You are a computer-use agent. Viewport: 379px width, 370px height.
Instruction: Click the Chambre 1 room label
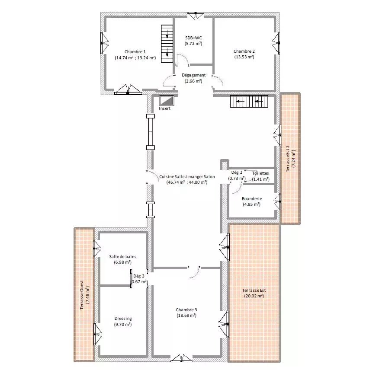click(135, 52)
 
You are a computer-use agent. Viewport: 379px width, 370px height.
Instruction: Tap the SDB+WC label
click(193, 38)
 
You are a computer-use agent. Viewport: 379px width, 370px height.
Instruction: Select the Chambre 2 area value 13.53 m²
click(244, 57)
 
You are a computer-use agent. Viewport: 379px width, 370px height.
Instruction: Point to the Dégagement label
click(193, 75)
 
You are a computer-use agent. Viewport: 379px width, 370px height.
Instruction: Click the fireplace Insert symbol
click(166, 100)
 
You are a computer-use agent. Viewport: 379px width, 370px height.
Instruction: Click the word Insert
click(164, 108)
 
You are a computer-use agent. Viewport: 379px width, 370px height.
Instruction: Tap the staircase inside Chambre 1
click(167, 44)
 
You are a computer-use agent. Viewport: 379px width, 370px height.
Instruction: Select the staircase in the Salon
click(249, 102)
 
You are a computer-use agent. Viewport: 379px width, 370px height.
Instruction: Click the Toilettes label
click(260, 173)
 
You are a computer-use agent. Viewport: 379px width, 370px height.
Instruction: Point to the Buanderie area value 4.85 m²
click(252, 204)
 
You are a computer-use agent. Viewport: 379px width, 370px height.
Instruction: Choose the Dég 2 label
click(237, 172)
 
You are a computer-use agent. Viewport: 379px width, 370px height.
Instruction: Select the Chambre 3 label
click(186, 309)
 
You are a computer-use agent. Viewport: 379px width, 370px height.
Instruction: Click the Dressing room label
click(123, 319)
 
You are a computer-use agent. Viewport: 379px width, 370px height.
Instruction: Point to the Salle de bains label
click(122, 256)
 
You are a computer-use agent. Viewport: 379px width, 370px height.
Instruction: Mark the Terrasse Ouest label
click(82, 295)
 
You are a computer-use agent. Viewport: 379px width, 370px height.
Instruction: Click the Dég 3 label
click(139, 276)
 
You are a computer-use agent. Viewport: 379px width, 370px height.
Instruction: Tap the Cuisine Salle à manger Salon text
click(187, 176)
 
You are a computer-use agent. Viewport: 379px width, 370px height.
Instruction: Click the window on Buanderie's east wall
click(278, 201)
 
